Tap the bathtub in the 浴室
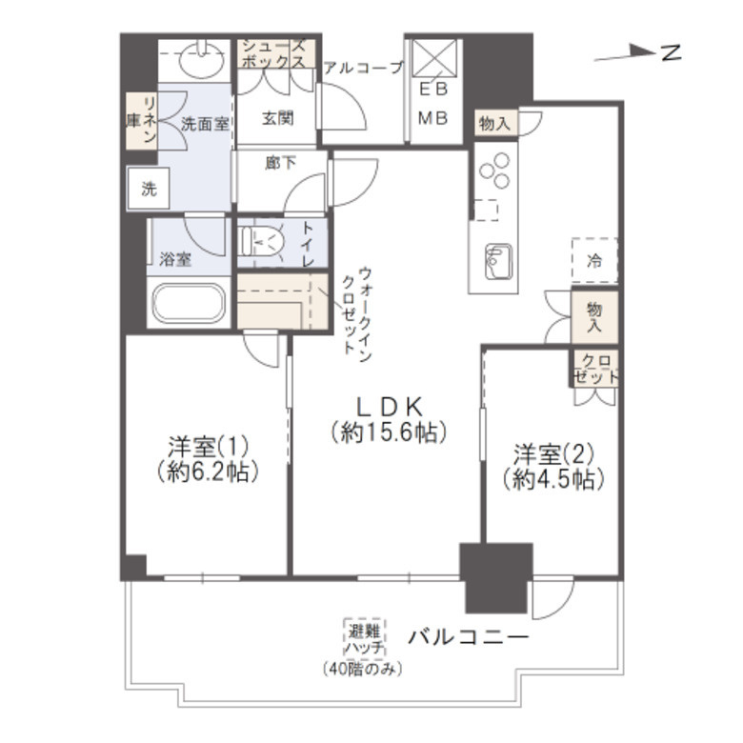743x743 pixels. [189, 303]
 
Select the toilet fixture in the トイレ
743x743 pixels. [262, 241]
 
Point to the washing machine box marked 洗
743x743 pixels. [149, 188]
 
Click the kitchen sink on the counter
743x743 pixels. [498, 262]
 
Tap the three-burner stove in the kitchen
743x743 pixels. [494, 171]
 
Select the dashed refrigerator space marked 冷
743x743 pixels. [594, 261]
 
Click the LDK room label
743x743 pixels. [389, 406]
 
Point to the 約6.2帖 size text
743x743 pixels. [208, 472]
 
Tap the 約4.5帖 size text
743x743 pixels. [553, 479]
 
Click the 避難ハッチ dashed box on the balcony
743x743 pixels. [365, 639]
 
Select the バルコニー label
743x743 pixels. [468, 637]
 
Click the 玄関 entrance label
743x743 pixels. [278, 118]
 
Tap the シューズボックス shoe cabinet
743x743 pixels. [276, 53]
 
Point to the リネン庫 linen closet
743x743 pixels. [142, 121]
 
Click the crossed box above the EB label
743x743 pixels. [434, 58]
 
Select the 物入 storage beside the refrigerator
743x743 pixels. [594, 317]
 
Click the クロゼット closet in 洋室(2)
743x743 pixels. [595, 369]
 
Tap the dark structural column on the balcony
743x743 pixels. [496, 577]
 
